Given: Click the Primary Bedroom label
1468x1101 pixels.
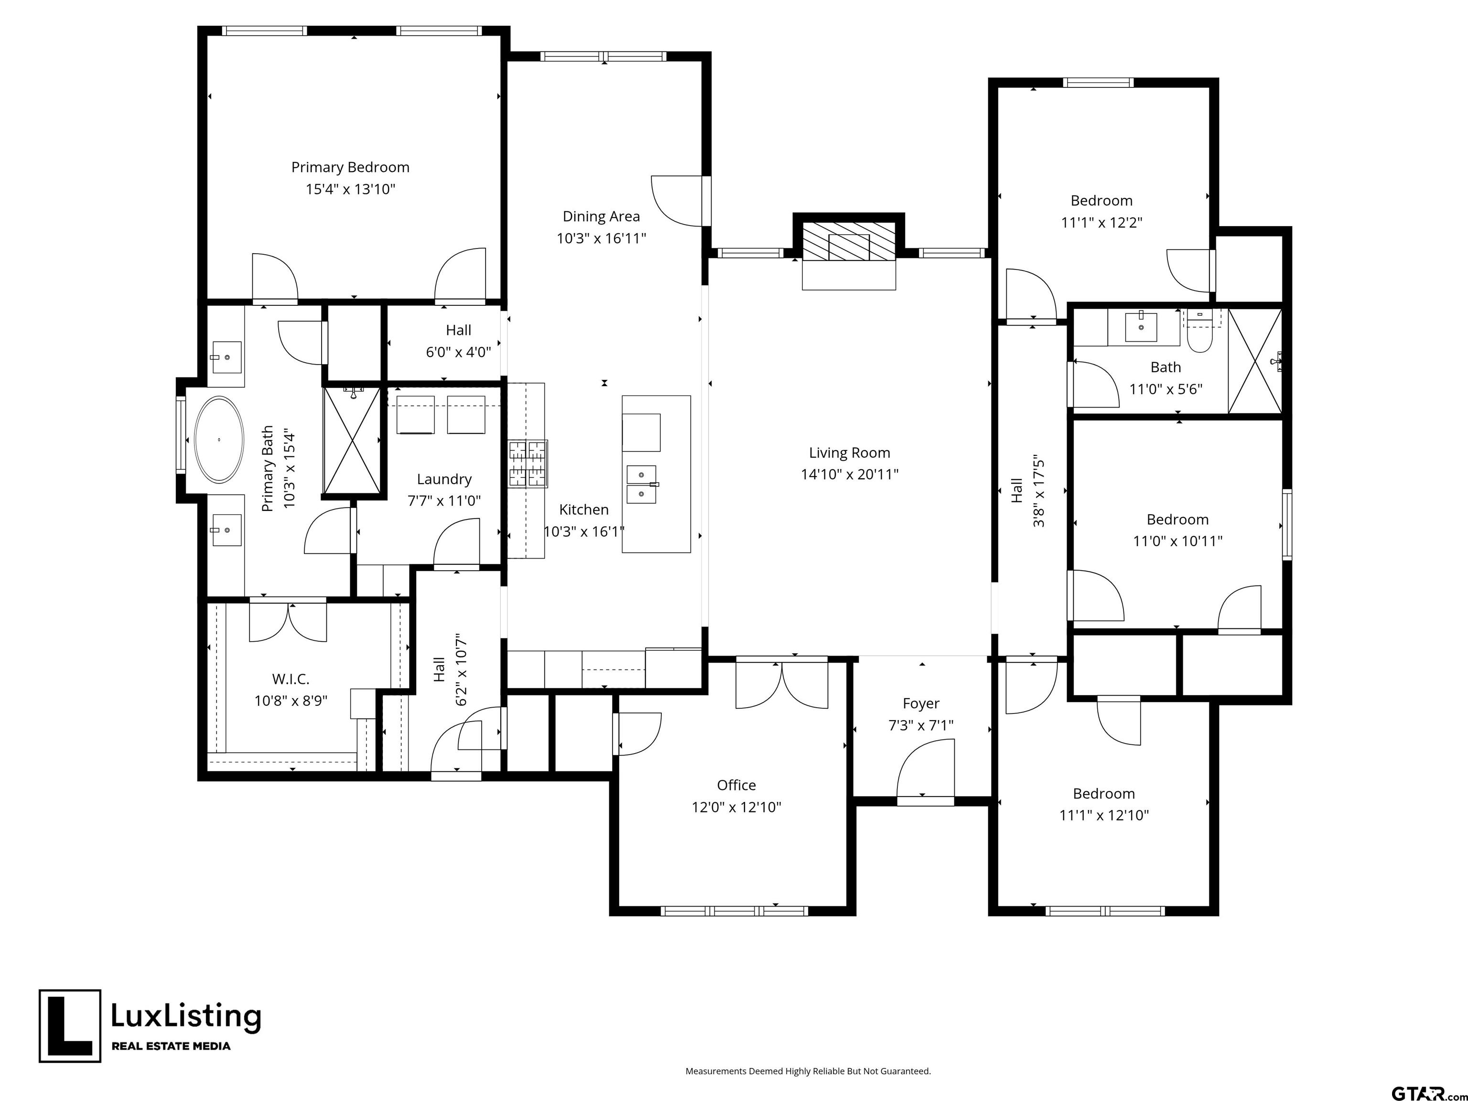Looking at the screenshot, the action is click(350, 167).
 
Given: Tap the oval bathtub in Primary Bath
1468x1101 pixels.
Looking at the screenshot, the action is click(218, 439).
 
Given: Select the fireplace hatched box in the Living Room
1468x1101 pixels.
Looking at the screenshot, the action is click(849, 241).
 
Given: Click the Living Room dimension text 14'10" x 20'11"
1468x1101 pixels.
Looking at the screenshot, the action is click(850, 474).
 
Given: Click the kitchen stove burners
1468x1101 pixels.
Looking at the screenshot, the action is click(528, 464).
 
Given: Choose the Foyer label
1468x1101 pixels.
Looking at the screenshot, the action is click(921, 703).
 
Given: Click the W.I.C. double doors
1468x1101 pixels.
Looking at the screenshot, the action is click(288, 622).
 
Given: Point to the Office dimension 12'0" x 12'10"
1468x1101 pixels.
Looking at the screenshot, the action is click(737, 807).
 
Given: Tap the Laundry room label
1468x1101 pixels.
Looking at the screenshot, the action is click(444, 479).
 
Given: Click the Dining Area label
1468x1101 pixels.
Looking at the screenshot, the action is click(601, 216).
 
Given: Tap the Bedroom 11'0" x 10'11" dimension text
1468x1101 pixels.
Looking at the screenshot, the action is click(1177, 541).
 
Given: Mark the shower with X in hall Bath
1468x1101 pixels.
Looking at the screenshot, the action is click(1255, 361).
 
